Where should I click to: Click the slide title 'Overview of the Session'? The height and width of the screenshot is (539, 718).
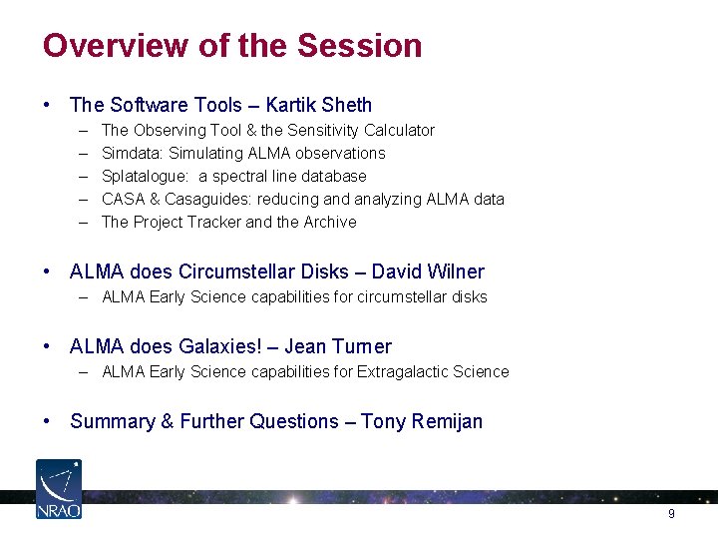point(232,46)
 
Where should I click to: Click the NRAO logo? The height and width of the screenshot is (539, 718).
point(59,488)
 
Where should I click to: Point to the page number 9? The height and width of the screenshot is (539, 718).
point(671,513)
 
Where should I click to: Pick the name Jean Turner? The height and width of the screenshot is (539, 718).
point(338,346)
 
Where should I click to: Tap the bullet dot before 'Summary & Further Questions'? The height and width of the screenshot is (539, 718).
point(48,421)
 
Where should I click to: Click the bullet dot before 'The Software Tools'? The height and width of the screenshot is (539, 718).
point(48,105)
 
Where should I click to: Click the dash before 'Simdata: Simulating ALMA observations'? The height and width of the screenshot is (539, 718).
point(80,153)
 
